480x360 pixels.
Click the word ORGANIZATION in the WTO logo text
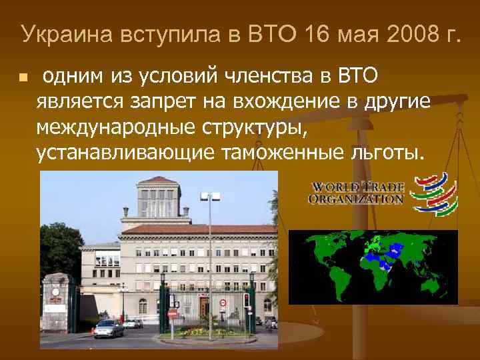(356, 198)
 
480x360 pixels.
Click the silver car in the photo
(108, 328)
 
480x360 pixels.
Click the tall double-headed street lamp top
(210, 197)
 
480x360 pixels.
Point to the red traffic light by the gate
(246, 299)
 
